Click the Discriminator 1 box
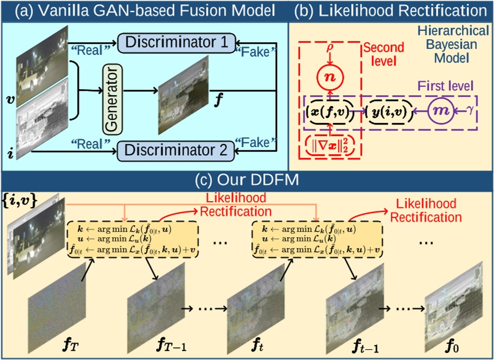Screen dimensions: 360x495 pos(173,42)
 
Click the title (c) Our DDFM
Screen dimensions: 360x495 pos(247,179)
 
